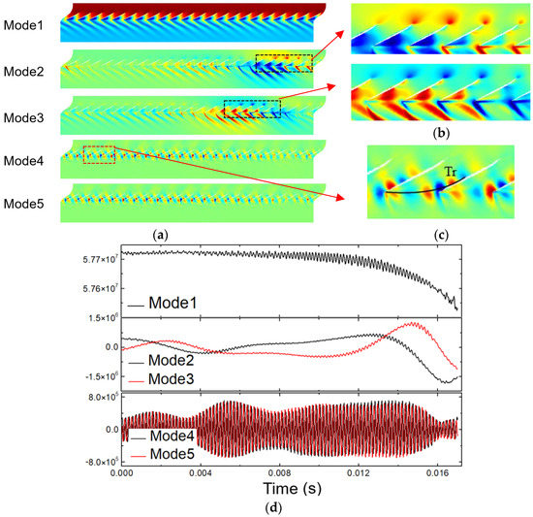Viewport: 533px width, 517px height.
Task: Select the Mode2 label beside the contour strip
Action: coord(28,70)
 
